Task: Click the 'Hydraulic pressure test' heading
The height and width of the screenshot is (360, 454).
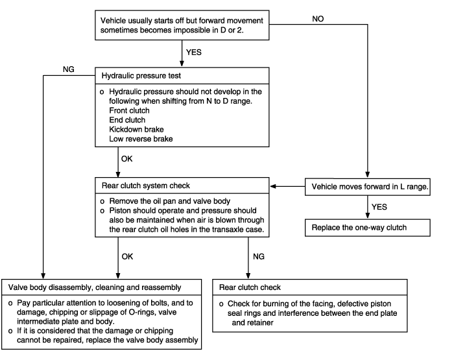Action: (141, 76)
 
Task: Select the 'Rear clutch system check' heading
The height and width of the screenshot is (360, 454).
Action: (146, 186)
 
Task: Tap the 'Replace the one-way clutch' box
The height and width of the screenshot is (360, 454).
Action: (368, 228)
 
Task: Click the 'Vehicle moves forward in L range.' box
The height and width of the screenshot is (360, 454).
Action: (368, 187)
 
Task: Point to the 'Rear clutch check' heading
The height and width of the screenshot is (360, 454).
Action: (250, 287)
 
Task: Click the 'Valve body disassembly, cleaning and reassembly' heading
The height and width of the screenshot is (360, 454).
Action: (95, 287)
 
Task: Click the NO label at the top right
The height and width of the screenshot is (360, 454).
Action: (318, 19)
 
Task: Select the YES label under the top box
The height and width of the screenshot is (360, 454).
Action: (194, 53)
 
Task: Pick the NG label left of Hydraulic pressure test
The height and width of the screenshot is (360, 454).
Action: (69, 69)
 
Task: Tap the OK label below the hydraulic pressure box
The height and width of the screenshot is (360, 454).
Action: (127, 159)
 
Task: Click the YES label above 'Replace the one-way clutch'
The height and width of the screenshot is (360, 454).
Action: (379, 207)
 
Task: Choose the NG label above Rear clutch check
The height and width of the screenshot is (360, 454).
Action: (259, 257)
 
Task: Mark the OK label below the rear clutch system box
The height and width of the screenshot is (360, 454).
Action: (127, 257)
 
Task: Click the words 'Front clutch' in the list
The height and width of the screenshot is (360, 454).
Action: (130, 111)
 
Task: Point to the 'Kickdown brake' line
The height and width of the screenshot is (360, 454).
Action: (136, 130)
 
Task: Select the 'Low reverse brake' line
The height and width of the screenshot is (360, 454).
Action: (141, 139)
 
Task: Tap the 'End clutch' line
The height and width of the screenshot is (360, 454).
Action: (127, 120)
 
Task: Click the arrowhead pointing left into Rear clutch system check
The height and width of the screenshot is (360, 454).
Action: (273, 187)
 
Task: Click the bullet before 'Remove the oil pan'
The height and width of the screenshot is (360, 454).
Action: (102, 202)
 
